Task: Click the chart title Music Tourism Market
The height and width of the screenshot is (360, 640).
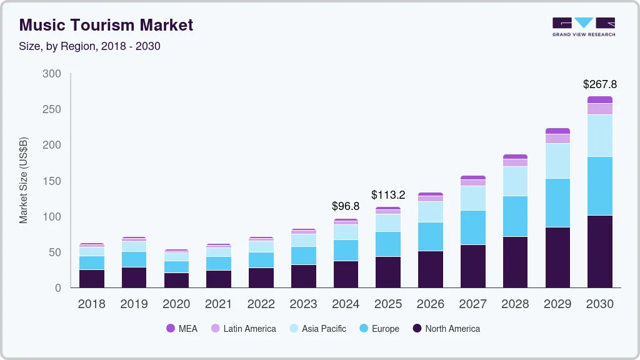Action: pos(106,26)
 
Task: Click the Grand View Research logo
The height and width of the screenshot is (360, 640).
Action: pos(583,27)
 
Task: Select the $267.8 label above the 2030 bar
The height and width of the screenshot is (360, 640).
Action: pos(599,84)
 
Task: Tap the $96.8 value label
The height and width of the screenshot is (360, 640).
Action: pos(346,206)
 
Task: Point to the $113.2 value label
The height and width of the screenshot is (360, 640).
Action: pos(388,194)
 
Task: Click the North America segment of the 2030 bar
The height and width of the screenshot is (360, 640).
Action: pos(599,251)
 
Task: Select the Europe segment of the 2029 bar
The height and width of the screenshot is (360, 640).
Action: pos(557,202)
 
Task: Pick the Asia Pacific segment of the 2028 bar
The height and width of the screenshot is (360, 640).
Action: pos(515,181)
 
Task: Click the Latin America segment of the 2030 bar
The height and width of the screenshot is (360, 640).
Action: pos(599,109)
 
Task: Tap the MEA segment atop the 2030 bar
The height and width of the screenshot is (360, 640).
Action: pos(599,99)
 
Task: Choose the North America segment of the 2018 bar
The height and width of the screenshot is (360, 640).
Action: pos(92,278)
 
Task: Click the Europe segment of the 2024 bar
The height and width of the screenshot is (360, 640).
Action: pos(346,250)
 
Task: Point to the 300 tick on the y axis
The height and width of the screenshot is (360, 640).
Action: pos(52,74)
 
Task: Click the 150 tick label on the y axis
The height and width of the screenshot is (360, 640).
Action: pos(52,181)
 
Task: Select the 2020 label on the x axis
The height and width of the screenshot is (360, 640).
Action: pos(176,304)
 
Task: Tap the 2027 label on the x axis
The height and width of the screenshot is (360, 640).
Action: pos(472,304)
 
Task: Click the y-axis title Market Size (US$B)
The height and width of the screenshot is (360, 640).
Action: pos(24,180)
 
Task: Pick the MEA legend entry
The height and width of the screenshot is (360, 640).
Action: pos(182,328)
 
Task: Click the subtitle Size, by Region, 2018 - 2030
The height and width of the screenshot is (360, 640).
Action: pos(90,46)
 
